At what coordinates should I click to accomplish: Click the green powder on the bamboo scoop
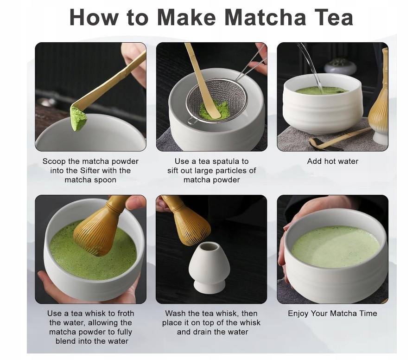coord(78,118)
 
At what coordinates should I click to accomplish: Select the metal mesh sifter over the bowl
coord(216,100)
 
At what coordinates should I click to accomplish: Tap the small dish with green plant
coord(340,67)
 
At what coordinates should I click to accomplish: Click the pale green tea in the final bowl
coord(336,246)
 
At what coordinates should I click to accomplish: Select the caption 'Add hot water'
coord(332,161)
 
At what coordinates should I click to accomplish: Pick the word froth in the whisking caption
coord(125,313)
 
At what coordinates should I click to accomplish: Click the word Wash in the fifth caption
coord(175,313)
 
